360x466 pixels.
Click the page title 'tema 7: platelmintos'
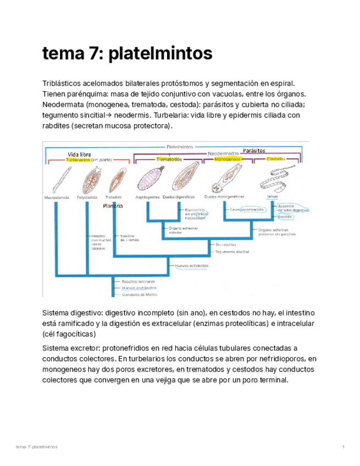pyautogui.click(x=127, y=54)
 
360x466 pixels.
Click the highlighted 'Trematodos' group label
pyautogui.click(x=169, y=159)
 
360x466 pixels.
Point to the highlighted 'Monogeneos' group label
pyautogui.click(x=229, y=159)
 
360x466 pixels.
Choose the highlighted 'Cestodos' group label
pyautogui.click(x=275, y=159)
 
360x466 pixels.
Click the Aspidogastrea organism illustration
pyautogui.click(x=148, y=179)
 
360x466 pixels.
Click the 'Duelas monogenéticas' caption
pyautogui.click(x=224, y=196)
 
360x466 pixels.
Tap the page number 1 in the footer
pyautogui.click(x=343, y=447)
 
